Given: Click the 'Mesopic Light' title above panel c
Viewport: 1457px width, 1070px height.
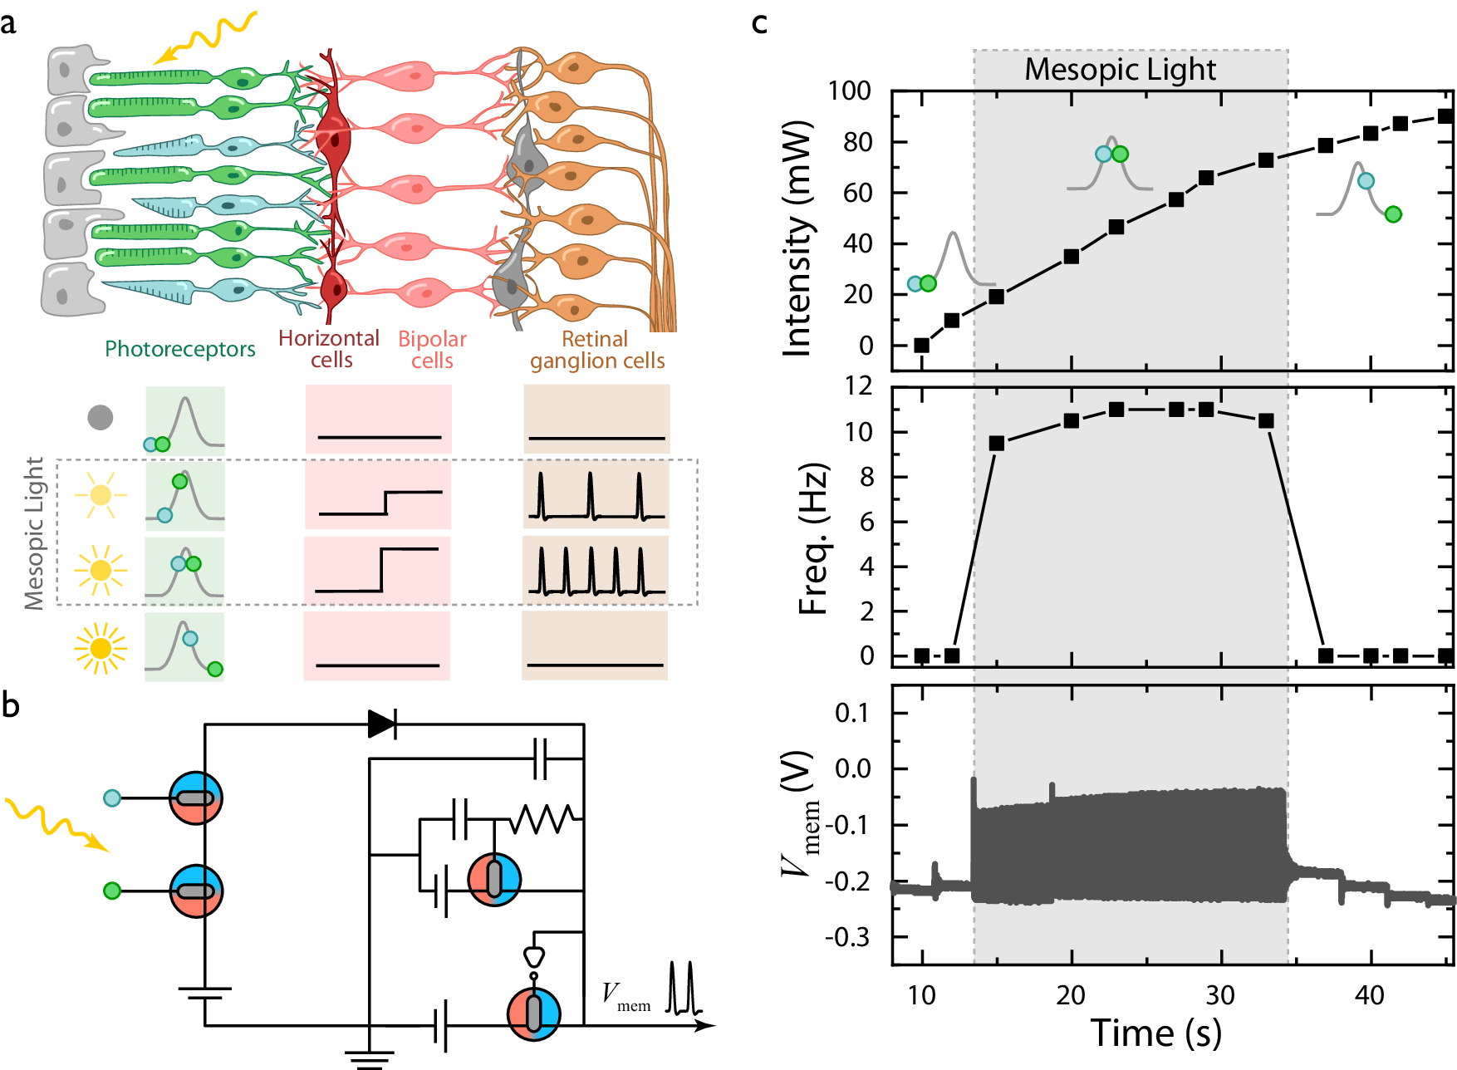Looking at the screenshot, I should [1120, 70].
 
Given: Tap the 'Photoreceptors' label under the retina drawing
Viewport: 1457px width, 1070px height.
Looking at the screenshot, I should [179, 349].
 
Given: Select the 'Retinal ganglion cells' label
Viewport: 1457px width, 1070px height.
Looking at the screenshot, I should [596, 350].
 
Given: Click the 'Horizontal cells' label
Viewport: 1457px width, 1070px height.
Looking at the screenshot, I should [329, 349].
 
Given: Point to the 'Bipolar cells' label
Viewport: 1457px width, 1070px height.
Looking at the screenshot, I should [432, 350].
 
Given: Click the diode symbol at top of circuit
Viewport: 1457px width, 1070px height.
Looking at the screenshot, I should [382, 724].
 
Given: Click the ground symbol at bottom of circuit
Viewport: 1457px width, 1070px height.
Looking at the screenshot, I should [369, 1058].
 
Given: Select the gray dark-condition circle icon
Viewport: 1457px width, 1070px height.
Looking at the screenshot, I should [101, 417].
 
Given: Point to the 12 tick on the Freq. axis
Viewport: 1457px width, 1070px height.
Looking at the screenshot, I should [858, 386].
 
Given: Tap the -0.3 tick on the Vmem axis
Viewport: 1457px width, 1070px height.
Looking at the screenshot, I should [847, 937].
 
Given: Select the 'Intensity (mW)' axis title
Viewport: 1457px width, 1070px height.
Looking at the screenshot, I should [797, 239].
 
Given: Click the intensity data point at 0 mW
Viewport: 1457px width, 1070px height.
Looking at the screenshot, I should [921, 345].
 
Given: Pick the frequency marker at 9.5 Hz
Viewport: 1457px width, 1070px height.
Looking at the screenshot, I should [997, 444].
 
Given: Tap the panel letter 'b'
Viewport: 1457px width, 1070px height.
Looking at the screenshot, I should [11, 705].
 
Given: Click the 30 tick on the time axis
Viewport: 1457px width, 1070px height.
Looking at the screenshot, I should [1220, 995].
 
